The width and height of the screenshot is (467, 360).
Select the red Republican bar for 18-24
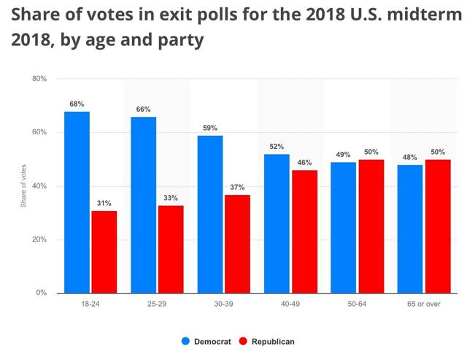[x=104, y=252]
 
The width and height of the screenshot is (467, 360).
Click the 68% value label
[x=77, y=104]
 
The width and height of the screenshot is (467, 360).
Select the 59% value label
[x=210, y=128]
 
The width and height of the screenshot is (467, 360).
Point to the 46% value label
[x=304, y=163]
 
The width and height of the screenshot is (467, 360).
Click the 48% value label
[x=409, y=157]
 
